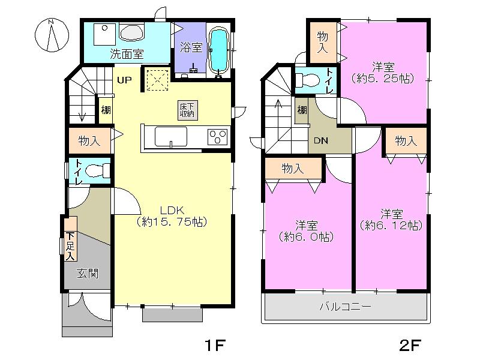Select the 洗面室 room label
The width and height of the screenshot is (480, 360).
(127, 53)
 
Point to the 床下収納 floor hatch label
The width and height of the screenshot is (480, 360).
(187, 110)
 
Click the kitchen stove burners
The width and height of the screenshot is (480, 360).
(217, 137)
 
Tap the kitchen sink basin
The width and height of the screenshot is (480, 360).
(171, 137)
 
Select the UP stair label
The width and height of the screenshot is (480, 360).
(124, 80)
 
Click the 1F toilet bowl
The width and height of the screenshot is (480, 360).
(96, 171)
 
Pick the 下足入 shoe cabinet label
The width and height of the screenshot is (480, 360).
(70, 246)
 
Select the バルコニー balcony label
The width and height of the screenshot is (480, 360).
(344, 307)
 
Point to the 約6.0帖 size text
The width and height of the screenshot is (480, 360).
(307, 236)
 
